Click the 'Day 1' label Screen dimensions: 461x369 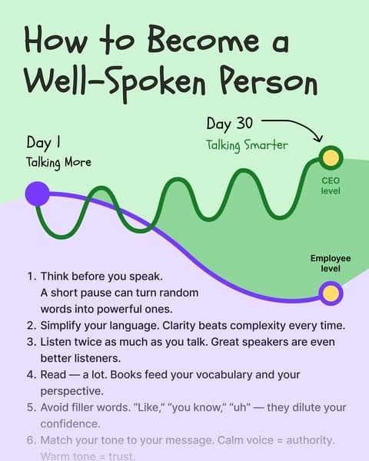pyautogui.click(x=43, y=143)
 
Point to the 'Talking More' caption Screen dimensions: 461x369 pyautogui.click(x=58, y=162)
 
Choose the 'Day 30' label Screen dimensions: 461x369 pyautogui.click(x=228, y=124)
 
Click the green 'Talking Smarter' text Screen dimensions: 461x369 pyautogui.click(x=246, y=144)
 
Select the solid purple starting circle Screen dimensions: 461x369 pyautogui.click(x=37, y=194)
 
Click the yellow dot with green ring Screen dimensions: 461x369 pyautogui.click(x=331, y=159)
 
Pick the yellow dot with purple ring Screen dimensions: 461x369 pyautogui.click(x=331, y=293)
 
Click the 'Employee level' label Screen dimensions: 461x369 pyautogui.click(x=331, y=264)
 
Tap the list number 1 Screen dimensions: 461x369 pyautogui.click(x=31, y=275)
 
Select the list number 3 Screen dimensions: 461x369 pyautogui.click(x=31, y=341)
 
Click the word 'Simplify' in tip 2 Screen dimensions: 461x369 pyautogui.click(x=63, y=325)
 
